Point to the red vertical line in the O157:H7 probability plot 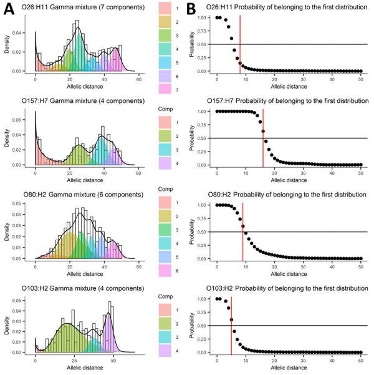(263, 137)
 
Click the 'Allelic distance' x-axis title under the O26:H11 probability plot (289, 89)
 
